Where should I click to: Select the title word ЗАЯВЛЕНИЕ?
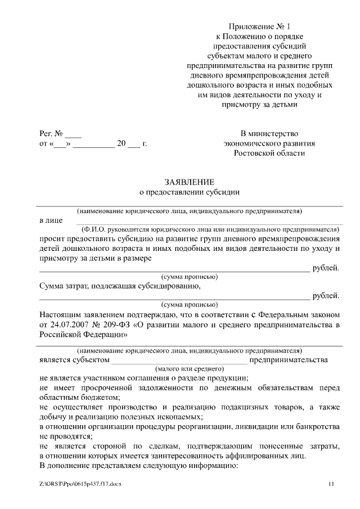coord(189,182)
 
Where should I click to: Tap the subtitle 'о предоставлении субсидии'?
coord(189,192)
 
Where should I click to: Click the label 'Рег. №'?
coord(51,134)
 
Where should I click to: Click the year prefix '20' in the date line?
coord(120,144)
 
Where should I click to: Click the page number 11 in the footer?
coord(331,484)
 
